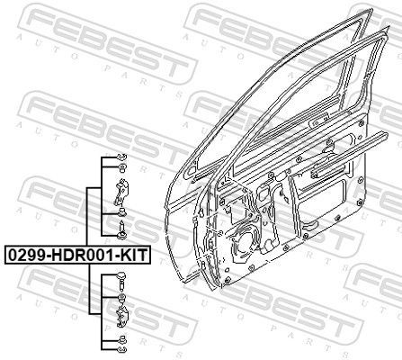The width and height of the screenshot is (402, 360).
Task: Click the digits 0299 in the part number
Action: [25, 255]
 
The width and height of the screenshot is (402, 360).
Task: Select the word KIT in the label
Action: [131, 255]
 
